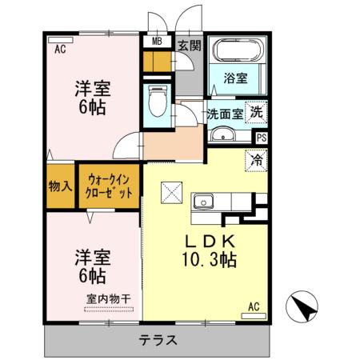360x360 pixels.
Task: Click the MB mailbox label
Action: pyautogui.click(x=155, y=40)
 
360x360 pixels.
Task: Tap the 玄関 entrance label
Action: pyautogui.click(x=189, y=46)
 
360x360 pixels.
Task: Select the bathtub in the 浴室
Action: pyautogui.click(x=237, y=54)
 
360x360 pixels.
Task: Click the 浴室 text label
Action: pyautogui.click(x=236, y=79)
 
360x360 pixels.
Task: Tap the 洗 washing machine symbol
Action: pyautogui.click(x=256, y=113)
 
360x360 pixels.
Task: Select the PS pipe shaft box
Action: pyautogui.click(x=261, y=138)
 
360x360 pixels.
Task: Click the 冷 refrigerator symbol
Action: pyautogui.click(x=258, y=159)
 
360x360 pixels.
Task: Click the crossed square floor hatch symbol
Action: pyautogui.click(x=172, y=192)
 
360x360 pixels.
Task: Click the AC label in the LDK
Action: pyautogui.click(x=254, y=306)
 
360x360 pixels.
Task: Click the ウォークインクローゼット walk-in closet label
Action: pyautogui.click(x=110, y=186)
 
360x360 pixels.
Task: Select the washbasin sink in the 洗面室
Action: pyautogui.click(x=222, y=134)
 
